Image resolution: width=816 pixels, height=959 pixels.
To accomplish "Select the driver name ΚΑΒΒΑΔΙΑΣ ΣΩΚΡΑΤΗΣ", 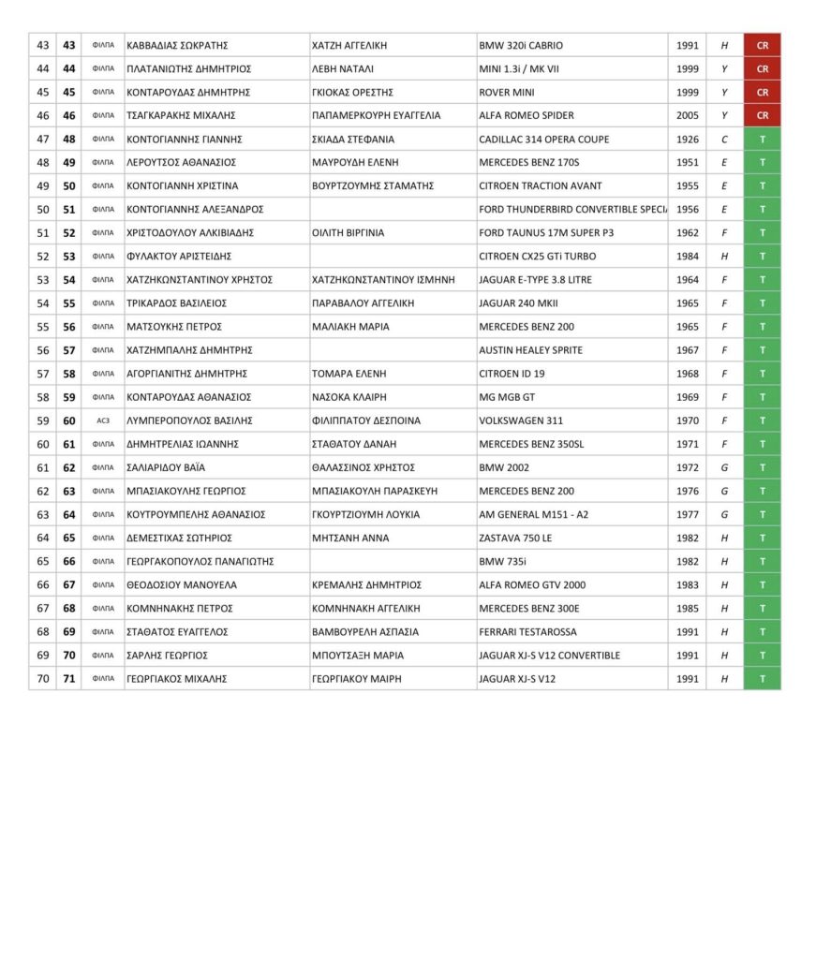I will click(177, 45).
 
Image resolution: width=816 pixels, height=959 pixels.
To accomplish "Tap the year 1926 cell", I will click(687, 140).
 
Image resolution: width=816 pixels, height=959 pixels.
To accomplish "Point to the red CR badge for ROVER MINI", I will click(762, 93).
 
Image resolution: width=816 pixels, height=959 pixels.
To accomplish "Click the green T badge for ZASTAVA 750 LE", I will click(762, 539).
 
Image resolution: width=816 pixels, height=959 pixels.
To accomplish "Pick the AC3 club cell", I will click(103, 420).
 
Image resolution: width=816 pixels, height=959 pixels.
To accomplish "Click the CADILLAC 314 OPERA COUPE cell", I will click(543, 140).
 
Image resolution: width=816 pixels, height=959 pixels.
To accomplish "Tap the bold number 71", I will click(68, 679).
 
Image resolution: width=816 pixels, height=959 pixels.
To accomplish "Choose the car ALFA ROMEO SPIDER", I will click(526, 116).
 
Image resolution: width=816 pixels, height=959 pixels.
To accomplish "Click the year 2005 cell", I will click(687, 116).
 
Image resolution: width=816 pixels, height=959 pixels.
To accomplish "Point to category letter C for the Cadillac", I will click(724, 140).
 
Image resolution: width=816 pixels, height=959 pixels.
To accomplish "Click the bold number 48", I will click(68, 140).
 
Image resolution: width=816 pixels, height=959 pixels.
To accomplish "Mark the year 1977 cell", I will click(687, 514).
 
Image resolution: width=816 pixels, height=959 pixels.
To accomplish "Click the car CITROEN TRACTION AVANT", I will click(540, 186).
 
